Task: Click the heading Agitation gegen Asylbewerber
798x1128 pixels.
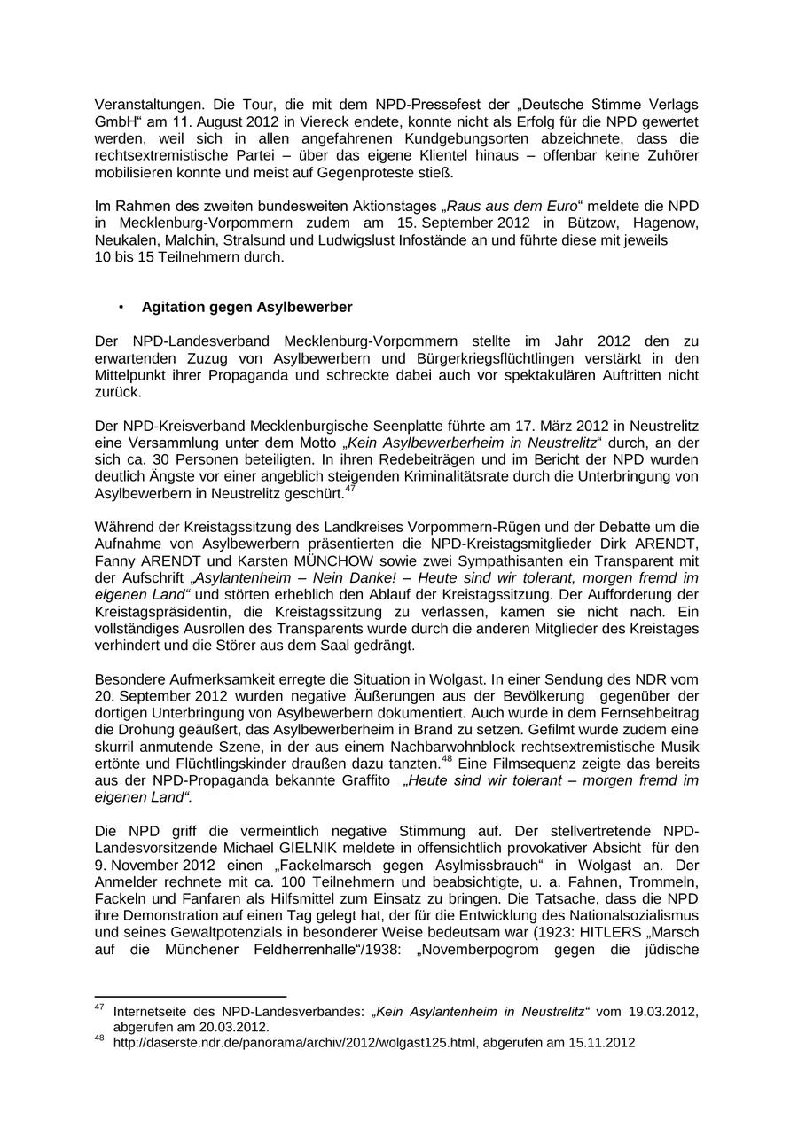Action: (246, 307)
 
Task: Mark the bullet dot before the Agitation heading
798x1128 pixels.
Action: (121, 307)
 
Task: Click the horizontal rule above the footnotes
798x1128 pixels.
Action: (191, 997)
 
